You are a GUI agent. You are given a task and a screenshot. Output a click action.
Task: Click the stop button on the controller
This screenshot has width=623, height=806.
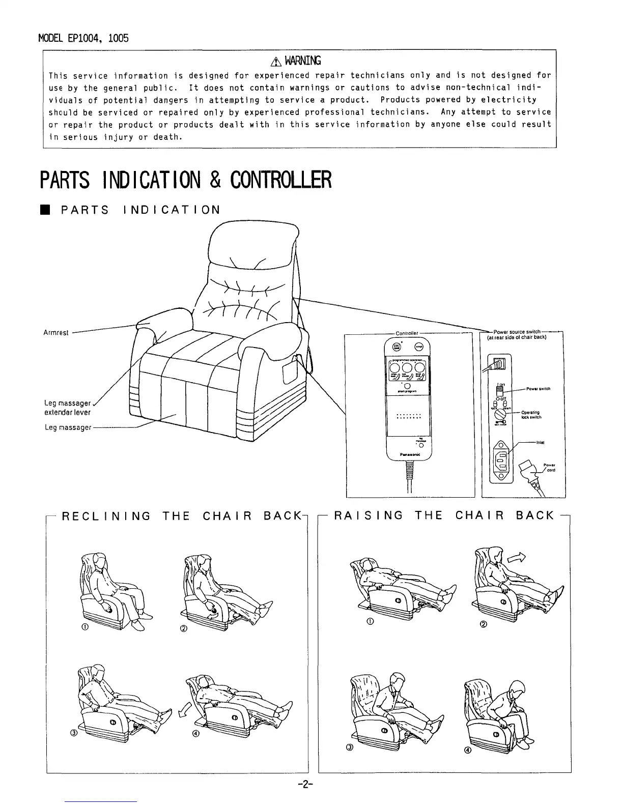(x=419, y=347)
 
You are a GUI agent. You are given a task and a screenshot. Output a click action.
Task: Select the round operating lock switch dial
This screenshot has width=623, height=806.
(x=499, y=415)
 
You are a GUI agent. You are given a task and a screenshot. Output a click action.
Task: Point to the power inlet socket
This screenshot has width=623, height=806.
(x=500, y=456)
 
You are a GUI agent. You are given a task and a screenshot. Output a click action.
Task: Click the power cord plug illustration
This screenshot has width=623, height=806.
(x=527, y=471)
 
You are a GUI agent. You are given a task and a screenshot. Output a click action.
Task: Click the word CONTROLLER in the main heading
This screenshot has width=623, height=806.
(x=280, y=179)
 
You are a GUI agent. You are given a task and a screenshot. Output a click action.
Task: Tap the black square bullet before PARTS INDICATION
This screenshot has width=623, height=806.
(x=46, y=210)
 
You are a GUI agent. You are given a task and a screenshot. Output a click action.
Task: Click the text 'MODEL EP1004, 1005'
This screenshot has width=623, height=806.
(x=83, y=38)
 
